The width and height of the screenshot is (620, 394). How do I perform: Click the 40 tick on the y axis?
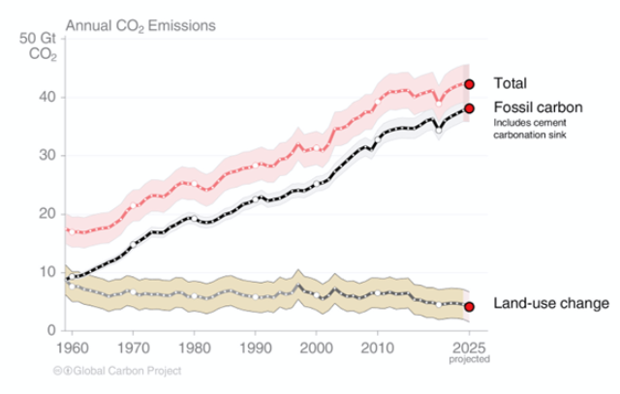tap(46, 97)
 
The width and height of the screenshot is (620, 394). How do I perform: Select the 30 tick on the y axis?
tap(46, 155)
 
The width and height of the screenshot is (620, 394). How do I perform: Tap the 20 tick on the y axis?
tap(46, 214)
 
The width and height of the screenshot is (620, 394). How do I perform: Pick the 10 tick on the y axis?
tap(46, 272)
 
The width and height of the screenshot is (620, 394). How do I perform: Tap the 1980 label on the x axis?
tap(194, 347)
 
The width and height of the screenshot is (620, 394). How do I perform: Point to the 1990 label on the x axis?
tap(256, 347)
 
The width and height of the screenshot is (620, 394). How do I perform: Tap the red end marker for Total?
tap(470, 84)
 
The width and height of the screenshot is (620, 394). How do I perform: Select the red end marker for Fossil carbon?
tap(470, 107)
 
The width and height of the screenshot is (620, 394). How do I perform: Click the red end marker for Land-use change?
tap(470, 307)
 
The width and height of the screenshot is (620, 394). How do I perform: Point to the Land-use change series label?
tap(551, 304)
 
